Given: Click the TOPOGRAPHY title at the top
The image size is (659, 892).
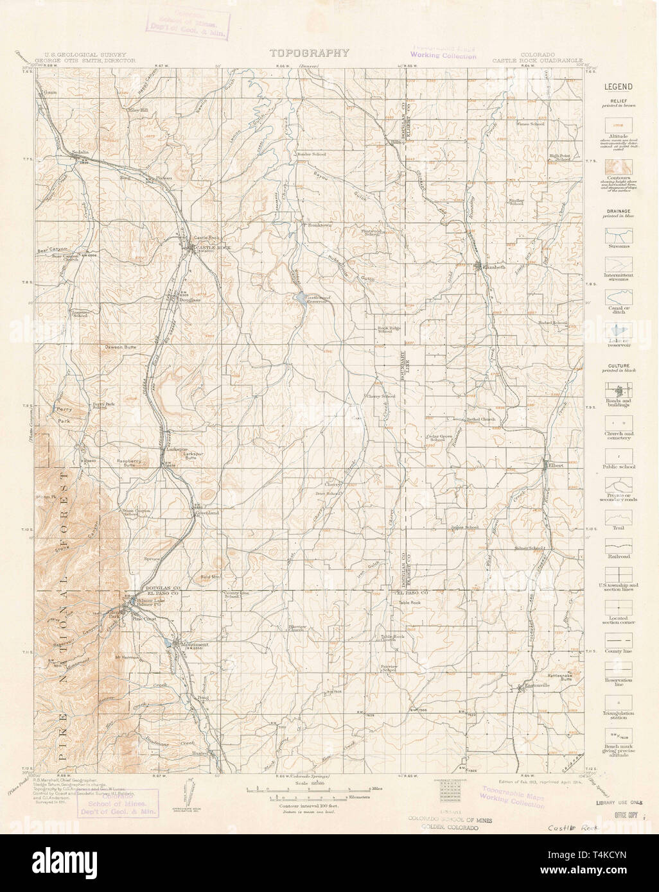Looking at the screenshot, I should click(309, 54).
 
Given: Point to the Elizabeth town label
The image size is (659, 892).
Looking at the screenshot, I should click(491, 266).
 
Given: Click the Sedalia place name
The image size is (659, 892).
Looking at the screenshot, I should click(80, 152).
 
